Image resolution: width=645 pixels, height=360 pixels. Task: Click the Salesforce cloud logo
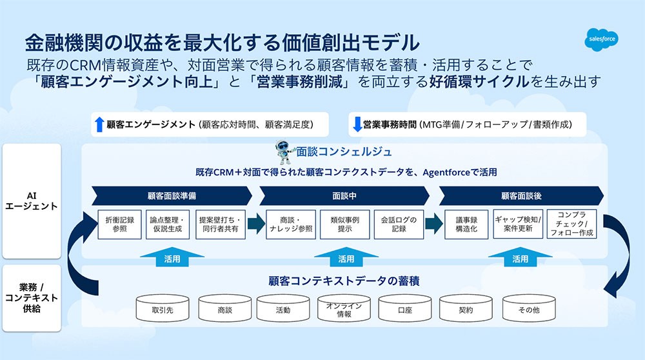tap(601, 39)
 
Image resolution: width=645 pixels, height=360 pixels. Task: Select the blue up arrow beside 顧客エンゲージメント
tap(99, 125)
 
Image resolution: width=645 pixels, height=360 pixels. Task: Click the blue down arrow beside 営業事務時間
tap(357, 125)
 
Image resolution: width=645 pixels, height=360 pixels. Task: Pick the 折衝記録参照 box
tap(120, 225)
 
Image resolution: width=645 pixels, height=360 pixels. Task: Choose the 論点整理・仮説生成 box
tap(168, 225)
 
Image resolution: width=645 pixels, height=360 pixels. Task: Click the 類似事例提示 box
tap(344, 225)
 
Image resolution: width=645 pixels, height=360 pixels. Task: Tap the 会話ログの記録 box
tap(399, 225)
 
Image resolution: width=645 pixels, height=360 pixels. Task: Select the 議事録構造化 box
tap(466, 225)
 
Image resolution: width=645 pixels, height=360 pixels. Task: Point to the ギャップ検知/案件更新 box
tap(518, 225)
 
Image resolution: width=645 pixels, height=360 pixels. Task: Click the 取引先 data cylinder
tap(163, 308)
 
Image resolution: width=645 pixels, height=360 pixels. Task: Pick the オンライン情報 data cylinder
tap(344, 308)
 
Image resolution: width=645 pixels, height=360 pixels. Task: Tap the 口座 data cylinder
tap(405, 308)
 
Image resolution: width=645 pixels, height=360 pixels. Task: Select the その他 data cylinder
tap(529, 308)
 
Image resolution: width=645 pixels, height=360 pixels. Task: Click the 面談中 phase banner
tap(344, 196)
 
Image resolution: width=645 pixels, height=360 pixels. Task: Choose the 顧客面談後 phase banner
tap(521, 196)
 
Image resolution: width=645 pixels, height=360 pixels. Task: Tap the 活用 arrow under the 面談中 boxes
tap(346, 257)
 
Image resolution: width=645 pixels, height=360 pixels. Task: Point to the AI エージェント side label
tap(31, 201)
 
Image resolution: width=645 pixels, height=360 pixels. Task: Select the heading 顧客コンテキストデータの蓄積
tap(344, 281)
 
